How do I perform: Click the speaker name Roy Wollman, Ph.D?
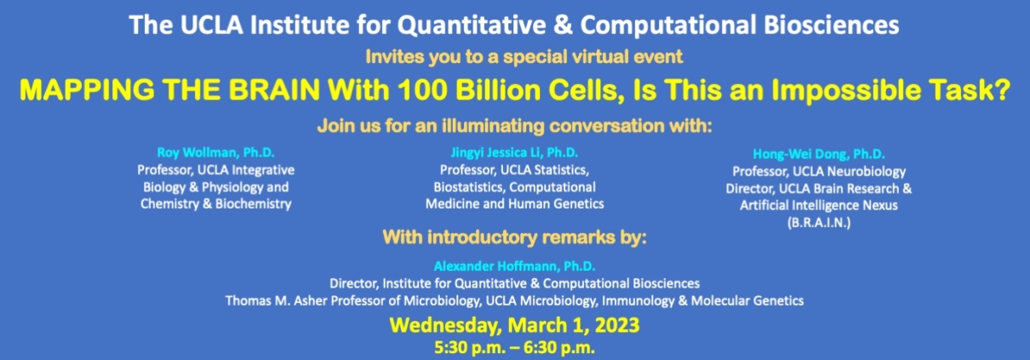(x=215, y=152)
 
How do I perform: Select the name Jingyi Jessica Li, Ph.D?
(x=514, y=152)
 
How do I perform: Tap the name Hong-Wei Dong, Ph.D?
(x=819, y=154)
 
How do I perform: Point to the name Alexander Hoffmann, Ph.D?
(x=514, y=266)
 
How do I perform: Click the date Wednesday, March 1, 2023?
(x=514, y=325)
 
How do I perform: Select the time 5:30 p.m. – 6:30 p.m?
(x=514, y=347)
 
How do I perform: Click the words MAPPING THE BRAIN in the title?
(x=169, y=89)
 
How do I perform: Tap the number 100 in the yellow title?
(x=422, y=89)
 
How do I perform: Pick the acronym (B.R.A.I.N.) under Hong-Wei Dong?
(x=819, y=223)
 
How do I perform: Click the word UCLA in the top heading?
(x=211, y=25)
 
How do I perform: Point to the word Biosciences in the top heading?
(x=832, y=25)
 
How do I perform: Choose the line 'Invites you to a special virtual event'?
(x=524, y=57)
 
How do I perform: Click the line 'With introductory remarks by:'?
(x=514, y=237)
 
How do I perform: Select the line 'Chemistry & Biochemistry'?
(x=215, y=204)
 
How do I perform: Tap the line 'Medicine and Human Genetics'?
(x=514, y=204)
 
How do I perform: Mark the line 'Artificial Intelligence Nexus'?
(x=819, y=205)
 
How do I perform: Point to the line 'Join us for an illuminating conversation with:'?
(x=514, y=126)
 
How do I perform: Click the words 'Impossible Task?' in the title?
(x=890, y=89)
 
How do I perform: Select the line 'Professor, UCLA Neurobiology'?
(x=819, y=172)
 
